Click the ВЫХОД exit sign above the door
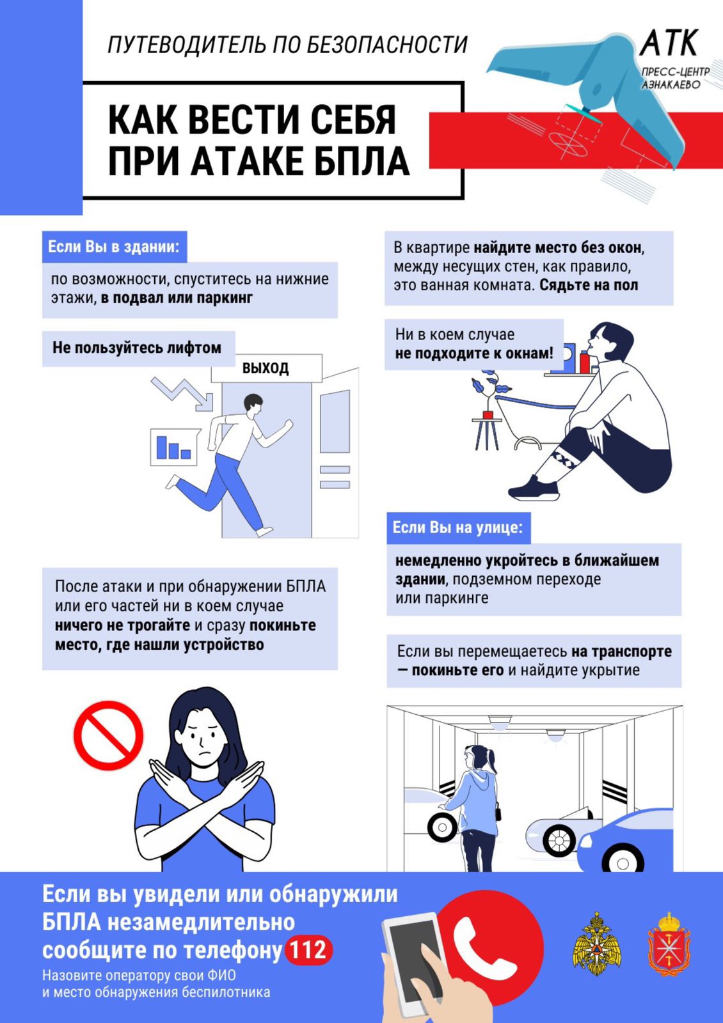266,368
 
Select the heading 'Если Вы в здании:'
115,247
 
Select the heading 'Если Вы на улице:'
458,527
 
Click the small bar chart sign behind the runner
174,447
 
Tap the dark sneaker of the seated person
534,488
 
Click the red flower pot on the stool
488,415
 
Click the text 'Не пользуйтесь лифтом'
137,348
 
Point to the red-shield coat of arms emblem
669,950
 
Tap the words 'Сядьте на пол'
589,285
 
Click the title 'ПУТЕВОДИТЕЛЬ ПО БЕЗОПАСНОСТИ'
288,45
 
